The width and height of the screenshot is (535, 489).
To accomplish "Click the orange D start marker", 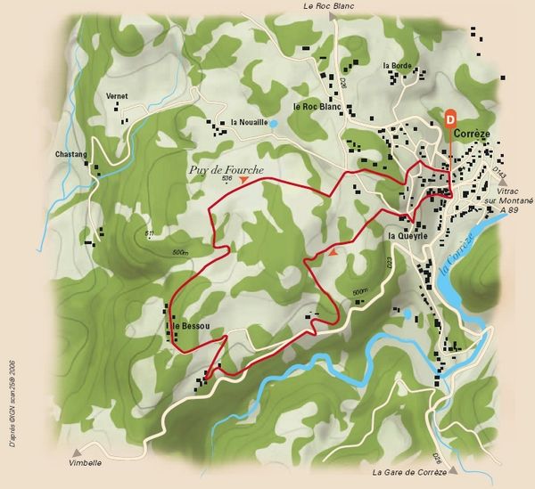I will point(450,116).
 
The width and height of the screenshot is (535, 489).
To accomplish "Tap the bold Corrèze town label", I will point(473,134).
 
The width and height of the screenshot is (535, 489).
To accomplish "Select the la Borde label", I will point(397,66).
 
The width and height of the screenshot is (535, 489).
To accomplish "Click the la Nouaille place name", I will point(249,122).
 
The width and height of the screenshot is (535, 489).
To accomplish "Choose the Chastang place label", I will point(70,154).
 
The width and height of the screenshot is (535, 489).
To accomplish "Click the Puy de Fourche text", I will point(226,168).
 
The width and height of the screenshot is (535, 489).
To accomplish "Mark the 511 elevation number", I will point(150,233).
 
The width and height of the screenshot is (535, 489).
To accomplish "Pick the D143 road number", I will point(498,171).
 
